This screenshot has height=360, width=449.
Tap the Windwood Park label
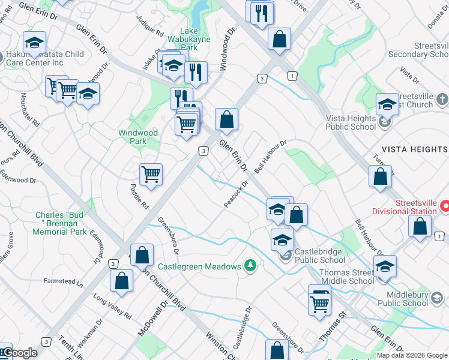coord(138,137)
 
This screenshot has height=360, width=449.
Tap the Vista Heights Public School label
coord(351,122)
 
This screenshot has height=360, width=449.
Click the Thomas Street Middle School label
coord(347,277)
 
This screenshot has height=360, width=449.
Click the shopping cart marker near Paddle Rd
coord(151,175)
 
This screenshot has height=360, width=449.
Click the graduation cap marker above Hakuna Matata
coord(34,43)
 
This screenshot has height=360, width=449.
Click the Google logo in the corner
coord(19,353)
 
